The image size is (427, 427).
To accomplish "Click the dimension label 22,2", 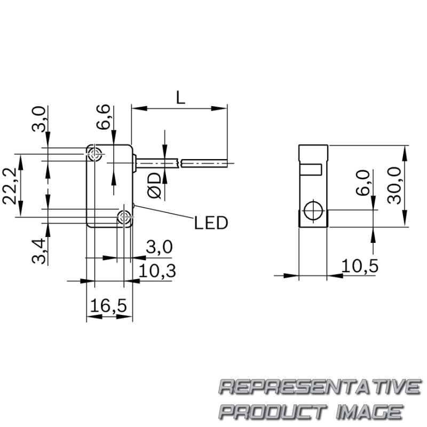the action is tap(10, 186).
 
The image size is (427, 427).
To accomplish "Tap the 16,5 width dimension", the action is tap(108, 305).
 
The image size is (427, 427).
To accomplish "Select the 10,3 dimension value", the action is tap(157, 271).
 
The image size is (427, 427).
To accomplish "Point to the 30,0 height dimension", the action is tap(394, 185).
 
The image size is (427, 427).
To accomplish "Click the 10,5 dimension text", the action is tap(360, 266).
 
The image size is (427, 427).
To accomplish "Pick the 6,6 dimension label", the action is tap(103, 116).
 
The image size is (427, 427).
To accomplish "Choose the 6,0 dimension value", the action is tap(363, 183).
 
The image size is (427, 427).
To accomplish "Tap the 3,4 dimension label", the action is tap(38, 251).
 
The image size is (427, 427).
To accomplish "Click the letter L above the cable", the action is tap(180, 98).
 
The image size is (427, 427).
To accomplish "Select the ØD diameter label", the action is tap(154, 185).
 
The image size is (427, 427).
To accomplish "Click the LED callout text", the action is tap(211, 223).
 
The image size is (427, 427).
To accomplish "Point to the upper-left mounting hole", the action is tap(94, 154).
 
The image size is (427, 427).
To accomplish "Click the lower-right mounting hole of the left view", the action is tap(124, 217).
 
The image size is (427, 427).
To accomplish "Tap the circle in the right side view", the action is tap(313, 210).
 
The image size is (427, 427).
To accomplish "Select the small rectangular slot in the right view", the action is tap(311, 169).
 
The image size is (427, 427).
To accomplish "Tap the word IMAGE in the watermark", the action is tap(369, 412).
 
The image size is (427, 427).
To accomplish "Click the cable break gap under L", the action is tap(180, 163).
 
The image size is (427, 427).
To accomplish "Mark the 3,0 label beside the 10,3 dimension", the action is tap(159, 247).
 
